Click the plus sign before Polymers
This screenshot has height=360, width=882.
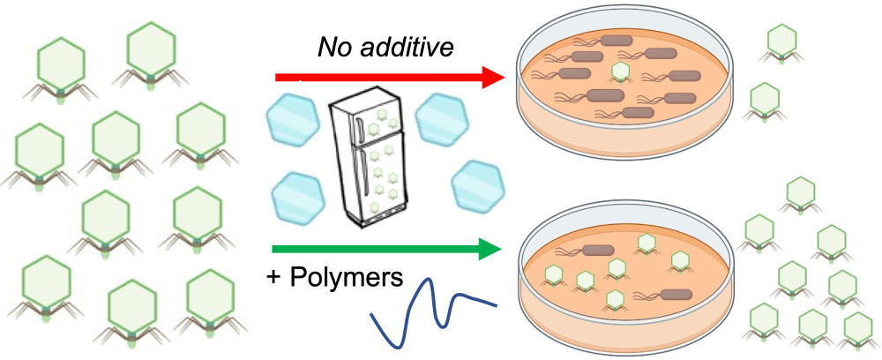(x=274, y=279)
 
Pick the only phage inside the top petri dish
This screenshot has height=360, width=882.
(x=621, y=71)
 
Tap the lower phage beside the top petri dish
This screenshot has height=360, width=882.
(x=765, y=99)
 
